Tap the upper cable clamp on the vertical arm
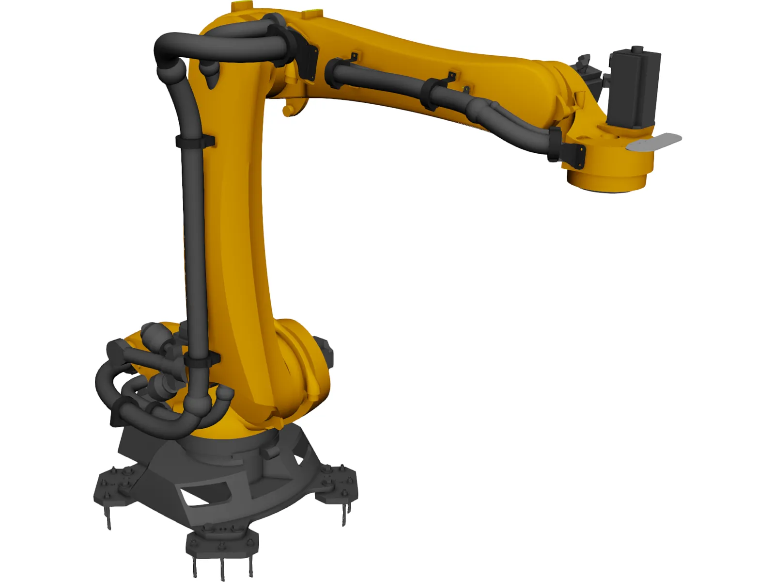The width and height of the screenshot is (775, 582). click(x=195, y=141)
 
